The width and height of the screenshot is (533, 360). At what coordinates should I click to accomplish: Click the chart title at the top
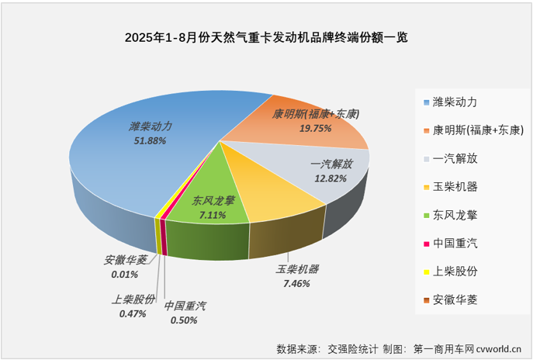coord(266,36)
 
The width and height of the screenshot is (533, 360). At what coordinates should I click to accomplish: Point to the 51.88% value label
coord(151,140)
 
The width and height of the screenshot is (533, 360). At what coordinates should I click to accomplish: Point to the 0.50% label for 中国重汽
coord(185,320)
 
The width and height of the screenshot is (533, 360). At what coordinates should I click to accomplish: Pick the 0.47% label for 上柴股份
coord(133,313)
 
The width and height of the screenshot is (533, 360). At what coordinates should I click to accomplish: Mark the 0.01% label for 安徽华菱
coord(123,275)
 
